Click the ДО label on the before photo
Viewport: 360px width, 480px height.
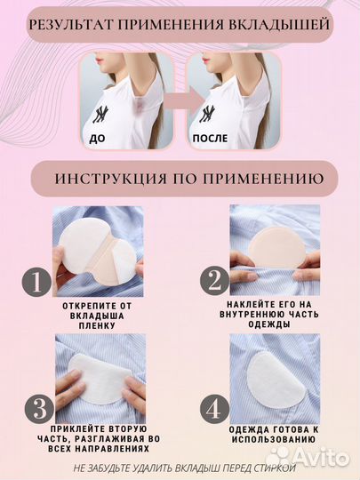click(97, 139)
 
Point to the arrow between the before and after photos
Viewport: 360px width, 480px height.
click(180, 100)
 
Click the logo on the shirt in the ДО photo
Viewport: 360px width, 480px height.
click(102, 114)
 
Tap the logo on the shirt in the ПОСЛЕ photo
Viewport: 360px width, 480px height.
click(207, 113)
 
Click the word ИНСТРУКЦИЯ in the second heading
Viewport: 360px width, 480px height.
click(108, 178)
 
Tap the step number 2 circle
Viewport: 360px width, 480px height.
click(212, 283)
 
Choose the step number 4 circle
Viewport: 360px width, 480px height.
click(212, 410)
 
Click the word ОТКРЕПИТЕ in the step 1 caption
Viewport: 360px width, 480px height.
click(100, 304)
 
